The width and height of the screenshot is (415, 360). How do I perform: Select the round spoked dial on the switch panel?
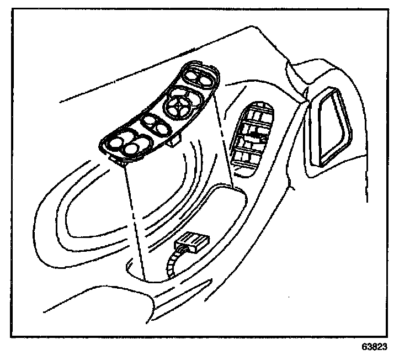pyautogui.click(x=180, y=103)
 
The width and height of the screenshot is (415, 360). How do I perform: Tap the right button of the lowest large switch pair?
pyautogui.click(x=132, y=148)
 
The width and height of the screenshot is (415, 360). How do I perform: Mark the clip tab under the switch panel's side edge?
pyautogui.click(x=173, y=142)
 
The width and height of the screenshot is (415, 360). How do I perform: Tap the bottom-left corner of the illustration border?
pyautogui.click(x=12, y=336)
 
